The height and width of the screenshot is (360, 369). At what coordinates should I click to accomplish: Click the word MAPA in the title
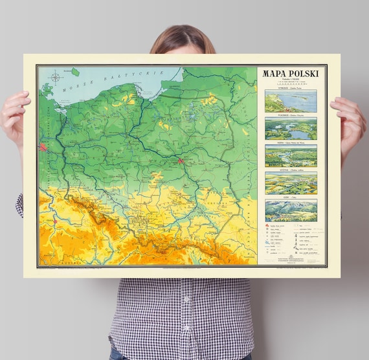[274, 74]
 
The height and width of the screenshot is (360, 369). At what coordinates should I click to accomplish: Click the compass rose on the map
[56, 79]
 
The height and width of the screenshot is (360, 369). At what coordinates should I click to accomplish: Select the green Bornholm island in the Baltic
[76, 72]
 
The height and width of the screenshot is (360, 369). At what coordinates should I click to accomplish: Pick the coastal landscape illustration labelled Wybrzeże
[291, 101]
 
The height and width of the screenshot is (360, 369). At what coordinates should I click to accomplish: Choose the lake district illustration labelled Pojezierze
[291, 128]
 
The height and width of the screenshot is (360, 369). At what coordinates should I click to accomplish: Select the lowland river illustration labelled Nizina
[291, 155]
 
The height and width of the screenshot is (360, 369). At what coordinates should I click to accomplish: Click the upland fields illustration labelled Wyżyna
[291, 183]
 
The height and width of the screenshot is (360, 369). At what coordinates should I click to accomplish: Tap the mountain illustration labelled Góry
[291, 210]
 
